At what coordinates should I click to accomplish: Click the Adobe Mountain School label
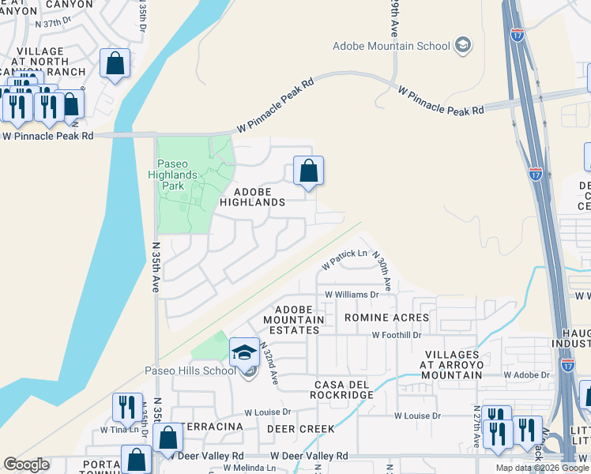(x=391, y=46)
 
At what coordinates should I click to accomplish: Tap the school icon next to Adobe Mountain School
(x=464, y=45)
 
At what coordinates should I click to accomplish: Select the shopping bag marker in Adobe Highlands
(x=308, y=171)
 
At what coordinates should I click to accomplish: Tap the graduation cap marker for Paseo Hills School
(x=245, y=352)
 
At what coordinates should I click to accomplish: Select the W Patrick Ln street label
(x=345, y=254)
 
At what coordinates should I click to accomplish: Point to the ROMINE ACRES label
(x=386, y=318)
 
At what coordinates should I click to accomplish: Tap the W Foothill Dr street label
(x=397, y=335)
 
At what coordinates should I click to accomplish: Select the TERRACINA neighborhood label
(x=213, y=427)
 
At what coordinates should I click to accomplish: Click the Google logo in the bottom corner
(x=26, y=465)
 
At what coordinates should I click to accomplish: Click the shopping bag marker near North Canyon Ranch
(x=115, y=64)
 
